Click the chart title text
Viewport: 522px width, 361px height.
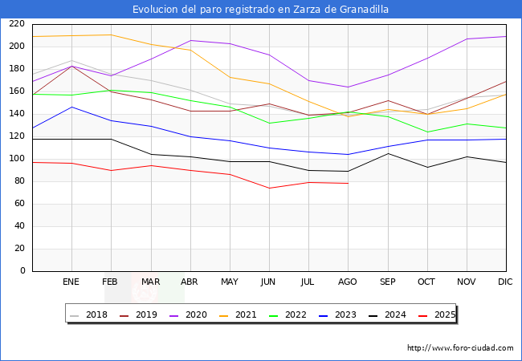(261, 10)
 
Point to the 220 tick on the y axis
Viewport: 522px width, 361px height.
(18, 24)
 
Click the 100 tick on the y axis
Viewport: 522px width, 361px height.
(18, 159)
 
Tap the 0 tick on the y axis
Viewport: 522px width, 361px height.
(23, 271)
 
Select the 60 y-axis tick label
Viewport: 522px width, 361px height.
(20, 204)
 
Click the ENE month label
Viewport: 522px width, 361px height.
(71, 282)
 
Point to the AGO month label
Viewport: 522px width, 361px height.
(348, 282)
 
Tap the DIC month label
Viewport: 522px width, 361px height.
(505, 282)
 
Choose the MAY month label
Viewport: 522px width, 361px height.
(230, 282)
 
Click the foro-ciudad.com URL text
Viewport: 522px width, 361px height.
(460, 348)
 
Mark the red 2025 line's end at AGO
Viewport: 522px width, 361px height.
(348, 184)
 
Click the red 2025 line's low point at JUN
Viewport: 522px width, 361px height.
(269, 188)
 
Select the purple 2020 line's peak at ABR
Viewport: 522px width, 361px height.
(190, 40)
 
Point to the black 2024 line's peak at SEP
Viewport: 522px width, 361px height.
(387, 153)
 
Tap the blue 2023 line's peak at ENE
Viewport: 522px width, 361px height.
(71, 107)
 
